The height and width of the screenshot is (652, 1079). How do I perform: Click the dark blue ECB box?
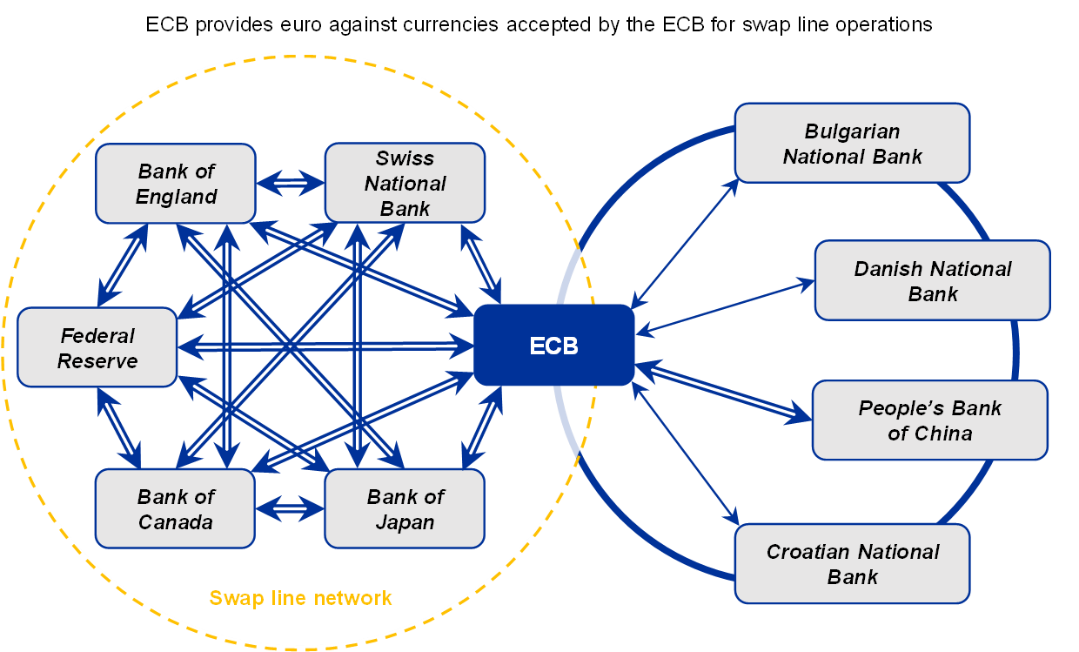click(x=553, y=346)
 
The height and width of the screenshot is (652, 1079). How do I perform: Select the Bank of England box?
click(x=176, y=184)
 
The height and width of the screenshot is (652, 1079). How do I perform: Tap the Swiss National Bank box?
click(x=405, y=184)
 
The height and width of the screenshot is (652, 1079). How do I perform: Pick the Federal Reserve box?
click(x=97, y=347)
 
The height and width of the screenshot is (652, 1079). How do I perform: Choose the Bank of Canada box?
click(x=175, y=509)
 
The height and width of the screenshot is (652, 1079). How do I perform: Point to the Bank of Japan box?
click(x=405, y=509)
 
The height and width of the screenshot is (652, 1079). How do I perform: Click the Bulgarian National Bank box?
click(x=852, y=144)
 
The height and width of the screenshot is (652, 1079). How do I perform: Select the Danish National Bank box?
click(x=932, y=281)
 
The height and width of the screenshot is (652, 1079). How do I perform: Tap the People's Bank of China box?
click(x=929, y=420)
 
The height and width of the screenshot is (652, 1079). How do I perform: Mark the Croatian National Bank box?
click(x=852, y=563)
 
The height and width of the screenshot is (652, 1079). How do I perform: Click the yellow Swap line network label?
click(x=300, y=598)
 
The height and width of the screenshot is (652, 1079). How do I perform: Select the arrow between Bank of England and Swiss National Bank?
click(x=290, y=183)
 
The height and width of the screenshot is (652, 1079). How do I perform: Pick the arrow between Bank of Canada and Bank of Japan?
click(x=290, y=507)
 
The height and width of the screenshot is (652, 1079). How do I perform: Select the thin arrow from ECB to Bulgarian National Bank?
click(x=684, y=244)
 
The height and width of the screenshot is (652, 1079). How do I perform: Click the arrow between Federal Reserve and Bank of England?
click(x=123, y=265)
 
